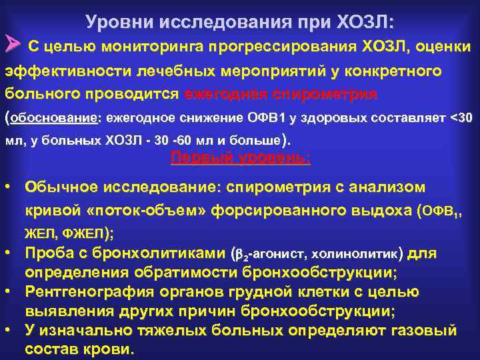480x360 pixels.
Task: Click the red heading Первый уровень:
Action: (x=240, y=157)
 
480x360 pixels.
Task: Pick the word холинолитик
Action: (x=357, y=254)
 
